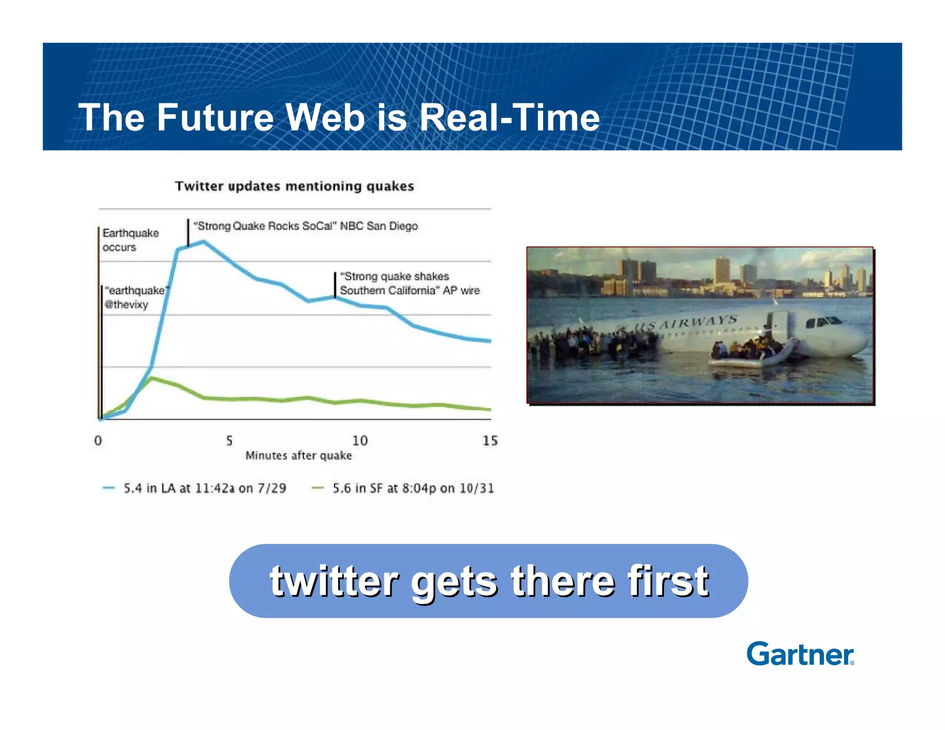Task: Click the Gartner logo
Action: [800, 654]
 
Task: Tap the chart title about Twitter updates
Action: [294, 186]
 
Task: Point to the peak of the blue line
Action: [203, 241]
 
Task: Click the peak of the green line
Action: [152, 378]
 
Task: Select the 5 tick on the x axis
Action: [229, 440]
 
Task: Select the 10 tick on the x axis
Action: [360, 440]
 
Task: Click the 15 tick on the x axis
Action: [490, 440]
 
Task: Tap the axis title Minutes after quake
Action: [299, 455]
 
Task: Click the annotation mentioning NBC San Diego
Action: [305, 226]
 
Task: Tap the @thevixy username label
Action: [126, 305]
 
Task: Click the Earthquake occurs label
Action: [130, 239]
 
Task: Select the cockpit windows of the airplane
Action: [824, 321]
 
